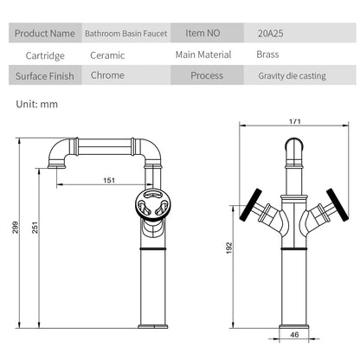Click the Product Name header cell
(x=45, y=33)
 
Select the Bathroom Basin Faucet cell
(x=126, y=33)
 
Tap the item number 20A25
(x=270, y=34)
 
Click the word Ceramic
(x=107, y=55)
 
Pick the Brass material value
(x=267, y=55)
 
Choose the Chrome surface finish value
(x=107, y=75)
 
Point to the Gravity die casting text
(x=292, y=76)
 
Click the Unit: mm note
(x=37, y=104)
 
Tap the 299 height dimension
(x=16, y=228)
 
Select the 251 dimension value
(x=35, y=228)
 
